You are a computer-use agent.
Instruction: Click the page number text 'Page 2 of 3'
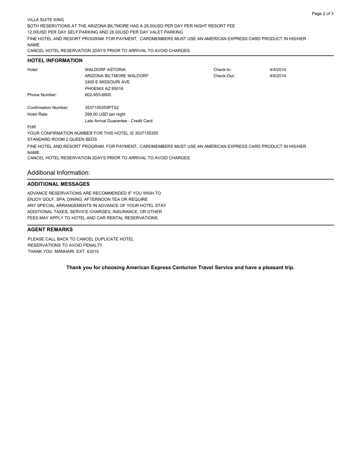coord(322,14)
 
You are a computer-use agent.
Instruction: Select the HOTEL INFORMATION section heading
coord(55,60)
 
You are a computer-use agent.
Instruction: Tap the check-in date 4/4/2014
coord(277,70)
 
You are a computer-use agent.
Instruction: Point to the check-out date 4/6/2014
coord(277,76)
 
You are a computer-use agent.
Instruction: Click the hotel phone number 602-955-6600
coord(98,95)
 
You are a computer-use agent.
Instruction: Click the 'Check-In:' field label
coord(222,70)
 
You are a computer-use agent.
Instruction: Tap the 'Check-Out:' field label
coord(224,76)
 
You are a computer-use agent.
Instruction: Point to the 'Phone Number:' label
coord(42,95)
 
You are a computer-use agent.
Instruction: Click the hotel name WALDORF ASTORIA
coord(105,70)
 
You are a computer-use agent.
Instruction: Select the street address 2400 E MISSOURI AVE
coord(107,82)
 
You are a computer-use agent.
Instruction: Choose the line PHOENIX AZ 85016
coord(104,89)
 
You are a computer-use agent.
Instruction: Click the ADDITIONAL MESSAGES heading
coord(58,184)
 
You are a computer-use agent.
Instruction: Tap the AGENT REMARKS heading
coord(50,229)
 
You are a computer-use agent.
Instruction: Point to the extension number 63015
coord(93,252)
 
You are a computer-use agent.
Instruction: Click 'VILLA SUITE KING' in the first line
coord(45,20)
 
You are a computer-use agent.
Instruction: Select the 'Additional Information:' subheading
coord(59,173)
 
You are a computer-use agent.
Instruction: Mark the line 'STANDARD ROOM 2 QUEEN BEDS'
coord(62,139)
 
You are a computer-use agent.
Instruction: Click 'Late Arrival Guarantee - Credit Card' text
coord(118,121)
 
